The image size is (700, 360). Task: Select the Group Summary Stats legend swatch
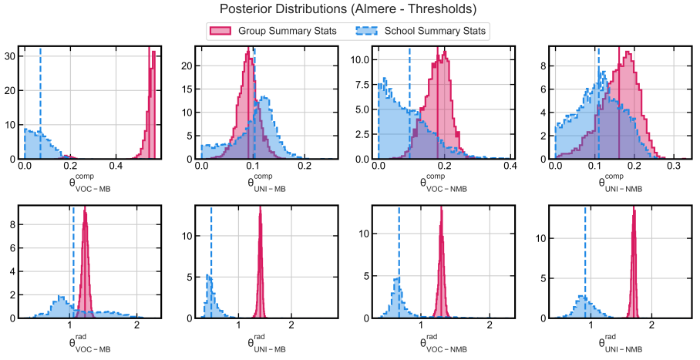[220, 32]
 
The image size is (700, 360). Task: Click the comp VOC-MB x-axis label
[89, 185]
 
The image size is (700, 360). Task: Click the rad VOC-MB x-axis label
[89, 344]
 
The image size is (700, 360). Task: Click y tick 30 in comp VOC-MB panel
[12, 56]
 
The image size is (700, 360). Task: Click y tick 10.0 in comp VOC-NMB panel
[362, 59]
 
